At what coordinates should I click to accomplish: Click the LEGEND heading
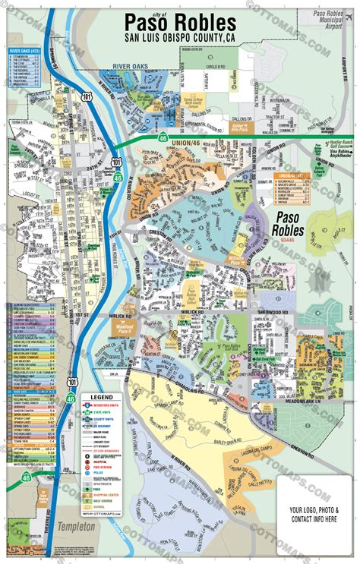click(101, 397)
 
